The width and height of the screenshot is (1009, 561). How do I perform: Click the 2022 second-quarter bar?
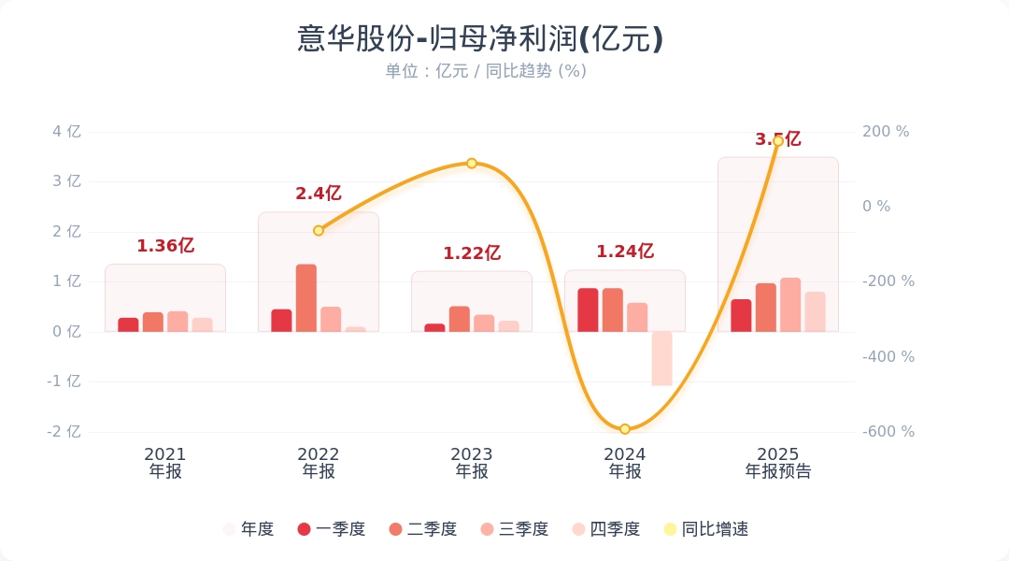coord(306,298)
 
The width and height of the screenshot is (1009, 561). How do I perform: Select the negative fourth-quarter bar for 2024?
coord(661,358)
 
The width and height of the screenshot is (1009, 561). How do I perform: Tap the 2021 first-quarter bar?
coord(128,324)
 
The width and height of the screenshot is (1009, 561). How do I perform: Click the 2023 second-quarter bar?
coord(460,319)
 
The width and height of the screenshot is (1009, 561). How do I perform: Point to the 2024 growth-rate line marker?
coord(625,429)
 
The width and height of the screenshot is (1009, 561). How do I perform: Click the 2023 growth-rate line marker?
coord(472,164)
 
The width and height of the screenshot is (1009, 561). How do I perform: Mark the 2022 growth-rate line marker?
coord(319,230)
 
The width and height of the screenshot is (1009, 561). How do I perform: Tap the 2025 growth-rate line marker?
coord(777,141)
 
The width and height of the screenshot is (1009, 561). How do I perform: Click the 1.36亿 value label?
coord(165,246)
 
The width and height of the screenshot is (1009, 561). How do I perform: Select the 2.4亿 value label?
coord(319,194)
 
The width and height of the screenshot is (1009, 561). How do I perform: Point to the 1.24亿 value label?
coord(625,251)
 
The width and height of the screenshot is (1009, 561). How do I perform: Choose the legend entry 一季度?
coord(332,529)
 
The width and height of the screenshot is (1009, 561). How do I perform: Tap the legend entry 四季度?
coord(606,529)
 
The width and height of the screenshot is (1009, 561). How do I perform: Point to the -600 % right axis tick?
coord(888,432)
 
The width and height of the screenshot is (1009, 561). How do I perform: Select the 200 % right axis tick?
coord(885,132)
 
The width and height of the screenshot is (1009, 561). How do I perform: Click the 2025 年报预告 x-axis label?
coord(778,463)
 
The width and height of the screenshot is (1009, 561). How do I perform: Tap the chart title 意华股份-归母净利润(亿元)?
coord(480,39)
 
